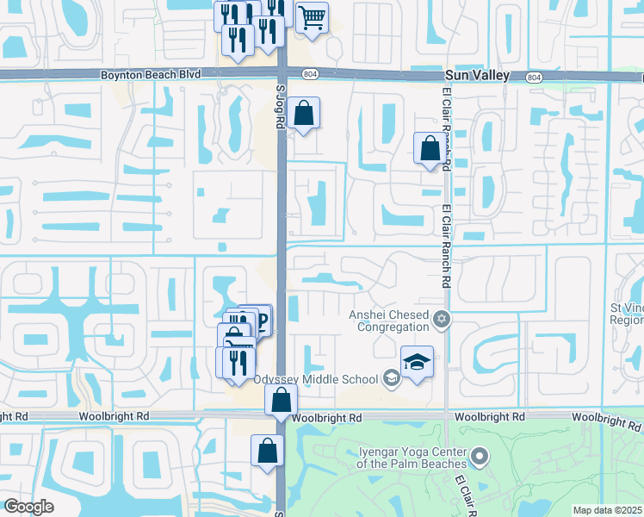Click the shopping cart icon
pyautogui.click(x=312, y=16)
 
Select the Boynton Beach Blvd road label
pyautogui.click(x=151, y=76)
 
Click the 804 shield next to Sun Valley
pyautogui.click(x=534, y=77)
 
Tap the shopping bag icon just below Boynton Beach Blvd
pyautogui.click(x=303, y=113)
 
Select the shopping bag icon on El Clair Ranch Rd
pyautogui.click(x=430, y=148)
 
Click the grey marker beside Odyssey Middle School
pyautogui.click(x=391, y=377)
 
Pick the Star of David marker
pyautogui.click(x=442, y=321)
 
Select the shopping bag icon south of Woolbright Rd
pyautogui.click(x=267, y=451)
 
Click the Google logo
pyautogui.click(x=28, y=507)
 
